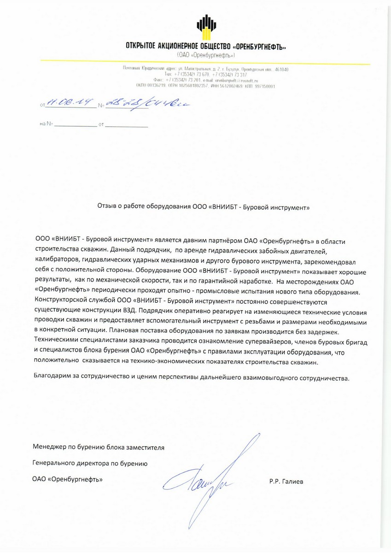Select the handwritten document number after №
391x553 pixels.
(143, 103)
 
